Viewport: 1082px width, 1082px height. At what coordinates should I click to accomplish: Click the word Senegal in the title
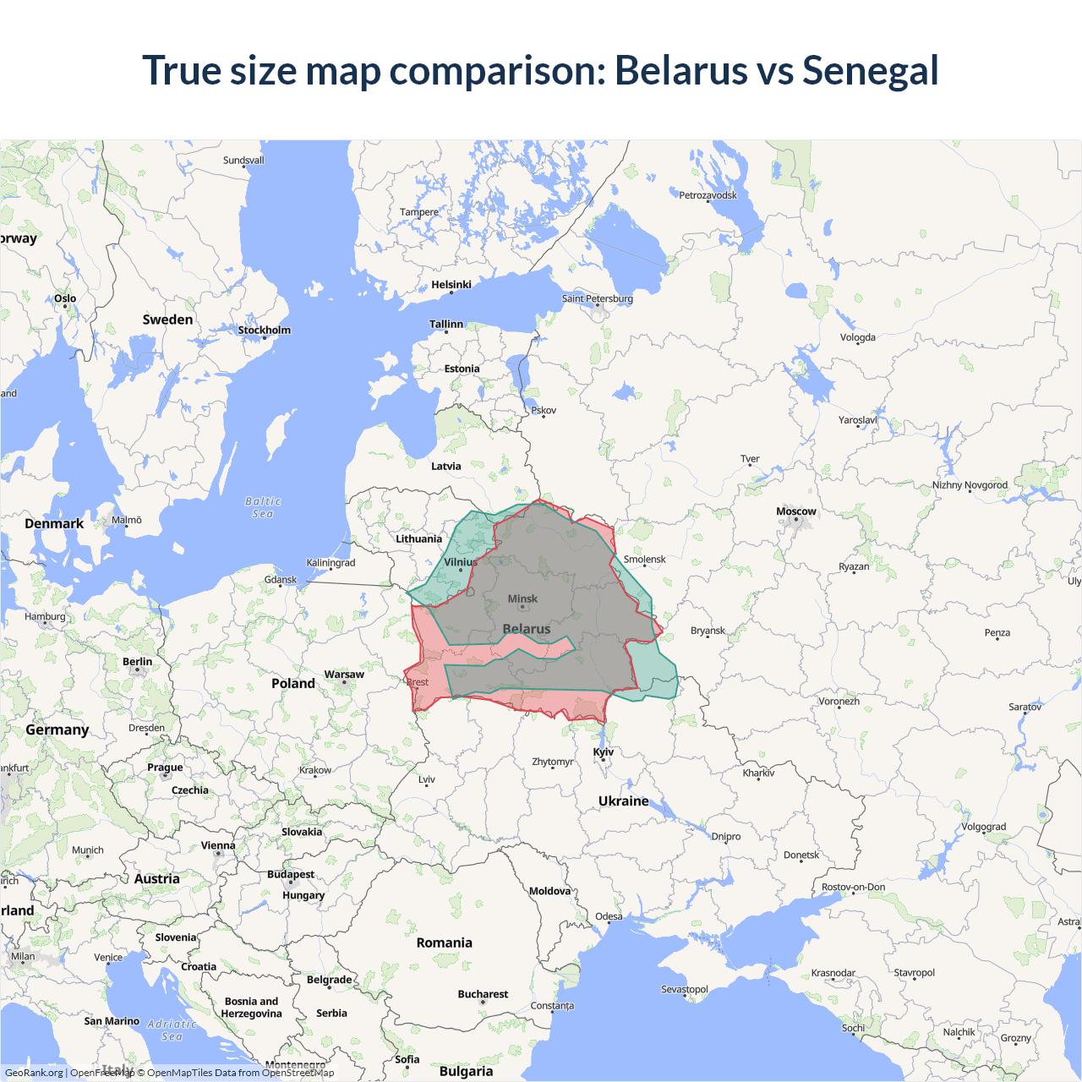[x=870, y=71]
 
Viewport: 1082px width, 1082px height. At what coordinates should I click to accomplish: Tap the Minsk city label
[x=522, y=598]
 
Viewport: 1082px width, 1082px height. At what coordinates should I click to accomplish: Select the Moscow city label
[x=796, y=511]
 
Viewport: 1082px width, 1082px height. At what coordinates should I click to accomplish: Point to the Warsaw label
[x=344, y=675]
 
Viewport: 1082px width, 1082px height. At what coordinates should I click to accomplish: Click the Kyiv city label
[x=604, y=751]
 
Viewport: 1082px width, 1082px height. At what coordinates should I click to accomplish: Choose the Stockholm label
[x=264, y=331]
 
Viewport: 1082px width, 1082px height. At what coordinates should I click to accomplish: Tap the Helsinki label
[x=451, y=285]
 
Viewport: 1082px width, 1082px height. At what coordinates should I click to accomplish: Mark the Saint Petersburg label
[x=597, y=298]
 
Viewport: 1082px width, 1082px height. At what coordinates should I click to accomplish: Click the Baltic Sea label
[x=263, y=507]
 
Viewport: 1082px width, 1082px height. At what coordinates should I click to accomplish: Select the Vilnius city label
[x=461, y=562]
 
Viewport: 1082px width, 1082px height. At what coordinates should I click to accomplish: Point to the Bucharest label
[x=483, y=994]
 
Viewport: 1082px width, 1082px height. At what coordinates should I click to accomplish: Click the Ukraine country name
[x=624, y=801]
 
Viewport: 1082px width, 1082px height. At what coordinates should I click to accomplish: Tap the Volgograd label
[x=984, y=827]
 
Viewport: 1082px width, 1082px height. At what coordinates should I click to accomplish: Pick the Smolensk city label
[x=645, y=559]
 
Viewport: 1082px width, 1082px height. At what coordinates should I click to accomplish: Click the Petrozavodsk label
[x=708, y=195]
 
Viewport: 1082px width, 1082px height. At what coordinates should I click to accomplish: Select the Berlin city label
[x=138, y=662]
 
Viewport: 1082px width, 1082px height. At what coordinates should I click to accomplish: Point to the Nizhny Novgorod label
[x=970, y=485]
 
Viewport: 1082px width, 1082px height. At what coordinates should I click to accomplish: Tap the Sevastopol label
[x=685, y=989]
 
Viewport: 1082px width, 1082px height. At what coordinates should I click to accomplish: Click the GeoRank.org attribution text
[x=34, y=1073]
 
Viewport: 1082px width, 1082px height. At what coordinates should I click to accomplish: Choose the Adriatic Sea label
[x=172, y=1030]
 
